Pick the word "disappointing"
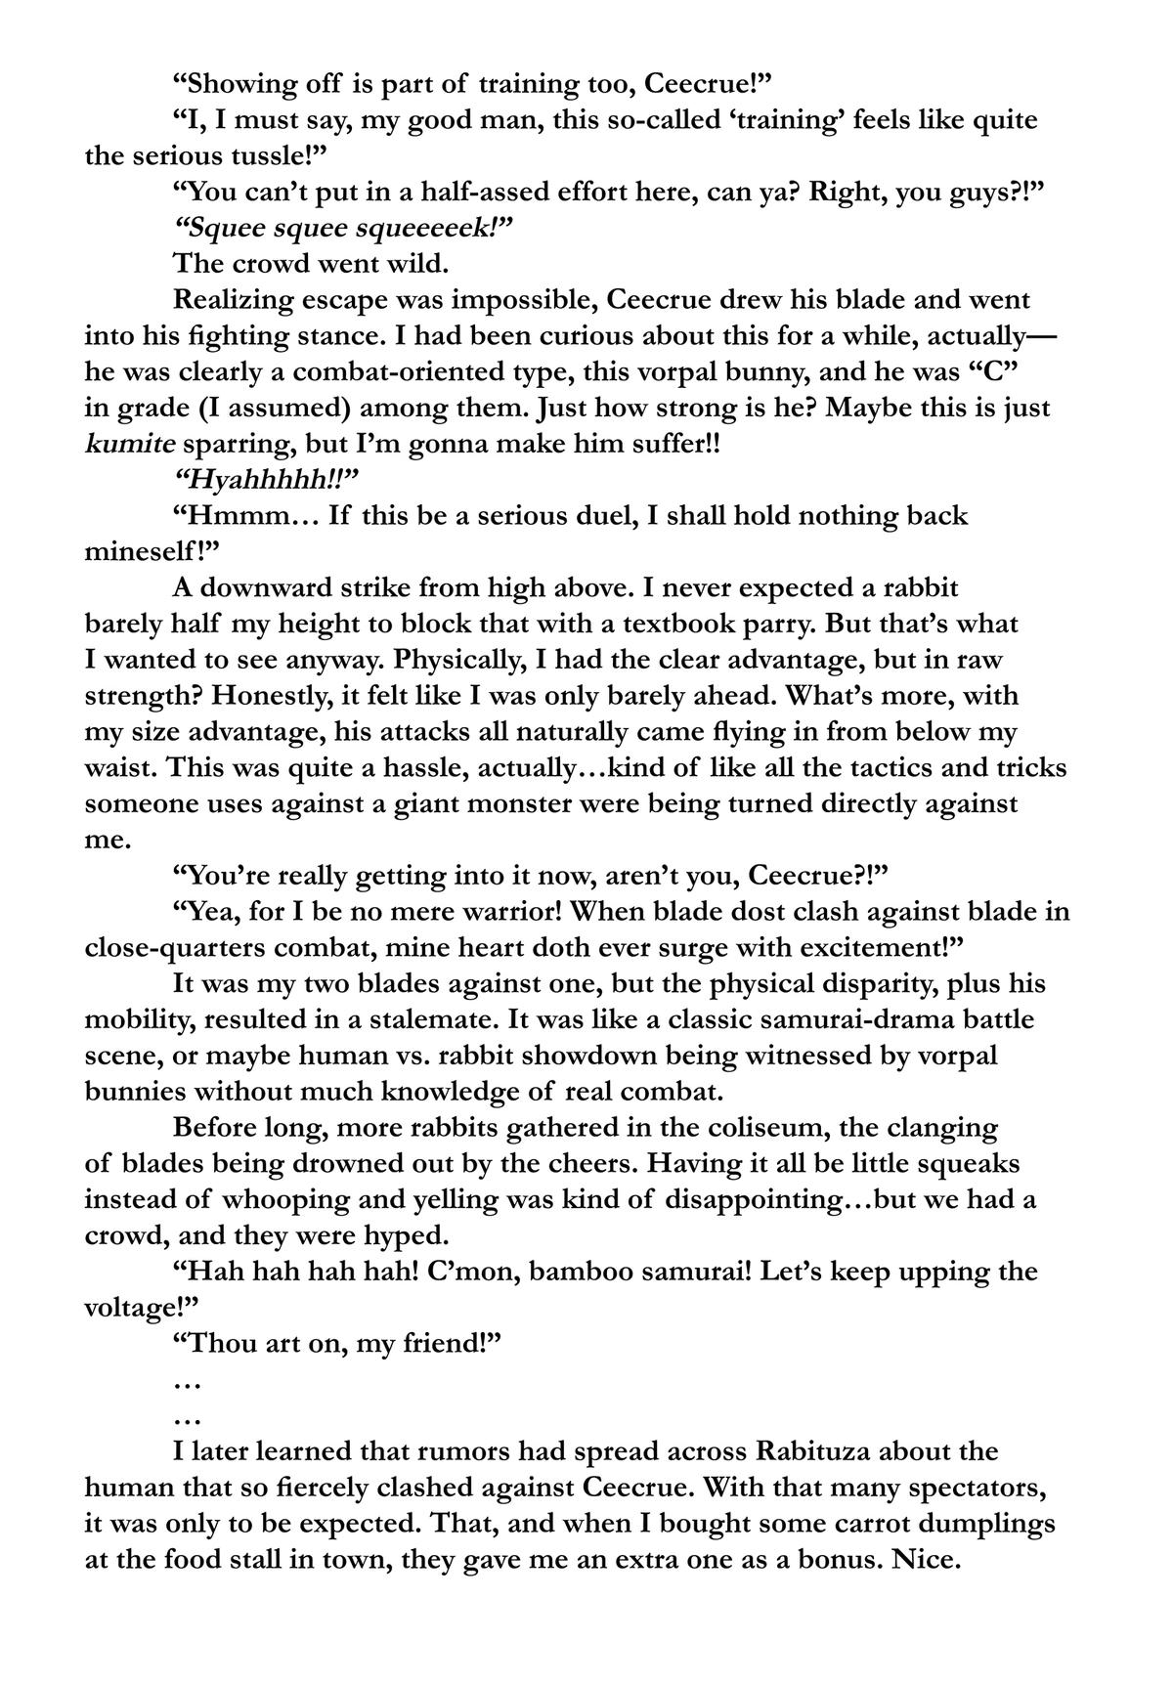coord(755,1199)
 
